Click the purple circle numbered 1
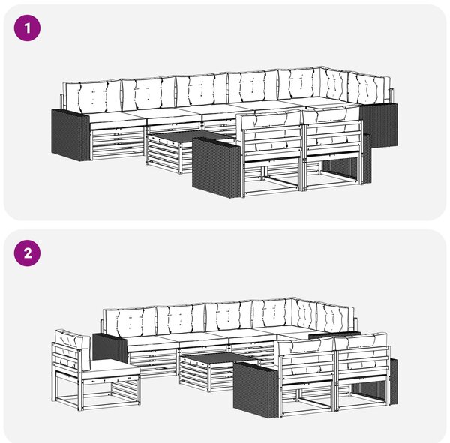[27, 28]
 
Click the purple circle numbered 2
[27, 253]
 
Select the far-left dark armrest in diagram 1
[70, 135]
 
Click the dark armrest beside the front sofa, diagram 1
[217, 167]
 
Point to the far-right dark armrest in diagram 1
[379, 125]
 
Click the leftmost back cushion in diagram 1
[92, 96]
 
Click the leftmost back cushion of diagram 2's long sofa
[130, 319]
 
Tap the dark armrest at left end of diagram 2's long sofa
[109, 349]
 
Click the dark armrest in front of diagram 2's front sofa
[256, 389]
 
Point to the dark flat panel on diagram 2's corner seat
[334, 334]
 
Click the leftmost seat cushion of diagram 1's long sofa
[117, 118]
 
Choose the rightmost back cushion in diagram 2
[336, 317]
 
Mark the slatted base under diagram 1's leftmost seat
[118, 144]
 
